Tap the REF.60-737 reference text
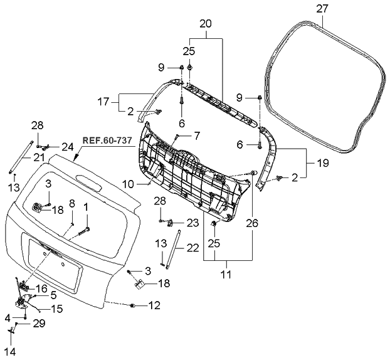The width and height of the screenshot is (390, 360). coord(107,140)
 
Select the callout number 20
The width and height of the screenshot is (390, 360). coord(205,23)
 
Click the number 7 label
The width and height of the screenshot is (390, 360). coord(196,135)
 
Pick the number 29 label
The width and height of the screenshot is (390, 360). coord(39,323)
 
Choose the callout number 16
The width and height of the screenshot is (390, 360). coord(42,288)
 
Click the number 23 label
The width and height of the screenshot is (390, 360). coord(192,222)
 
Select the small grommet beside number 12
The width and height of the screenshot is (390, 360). coord(134,305)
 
